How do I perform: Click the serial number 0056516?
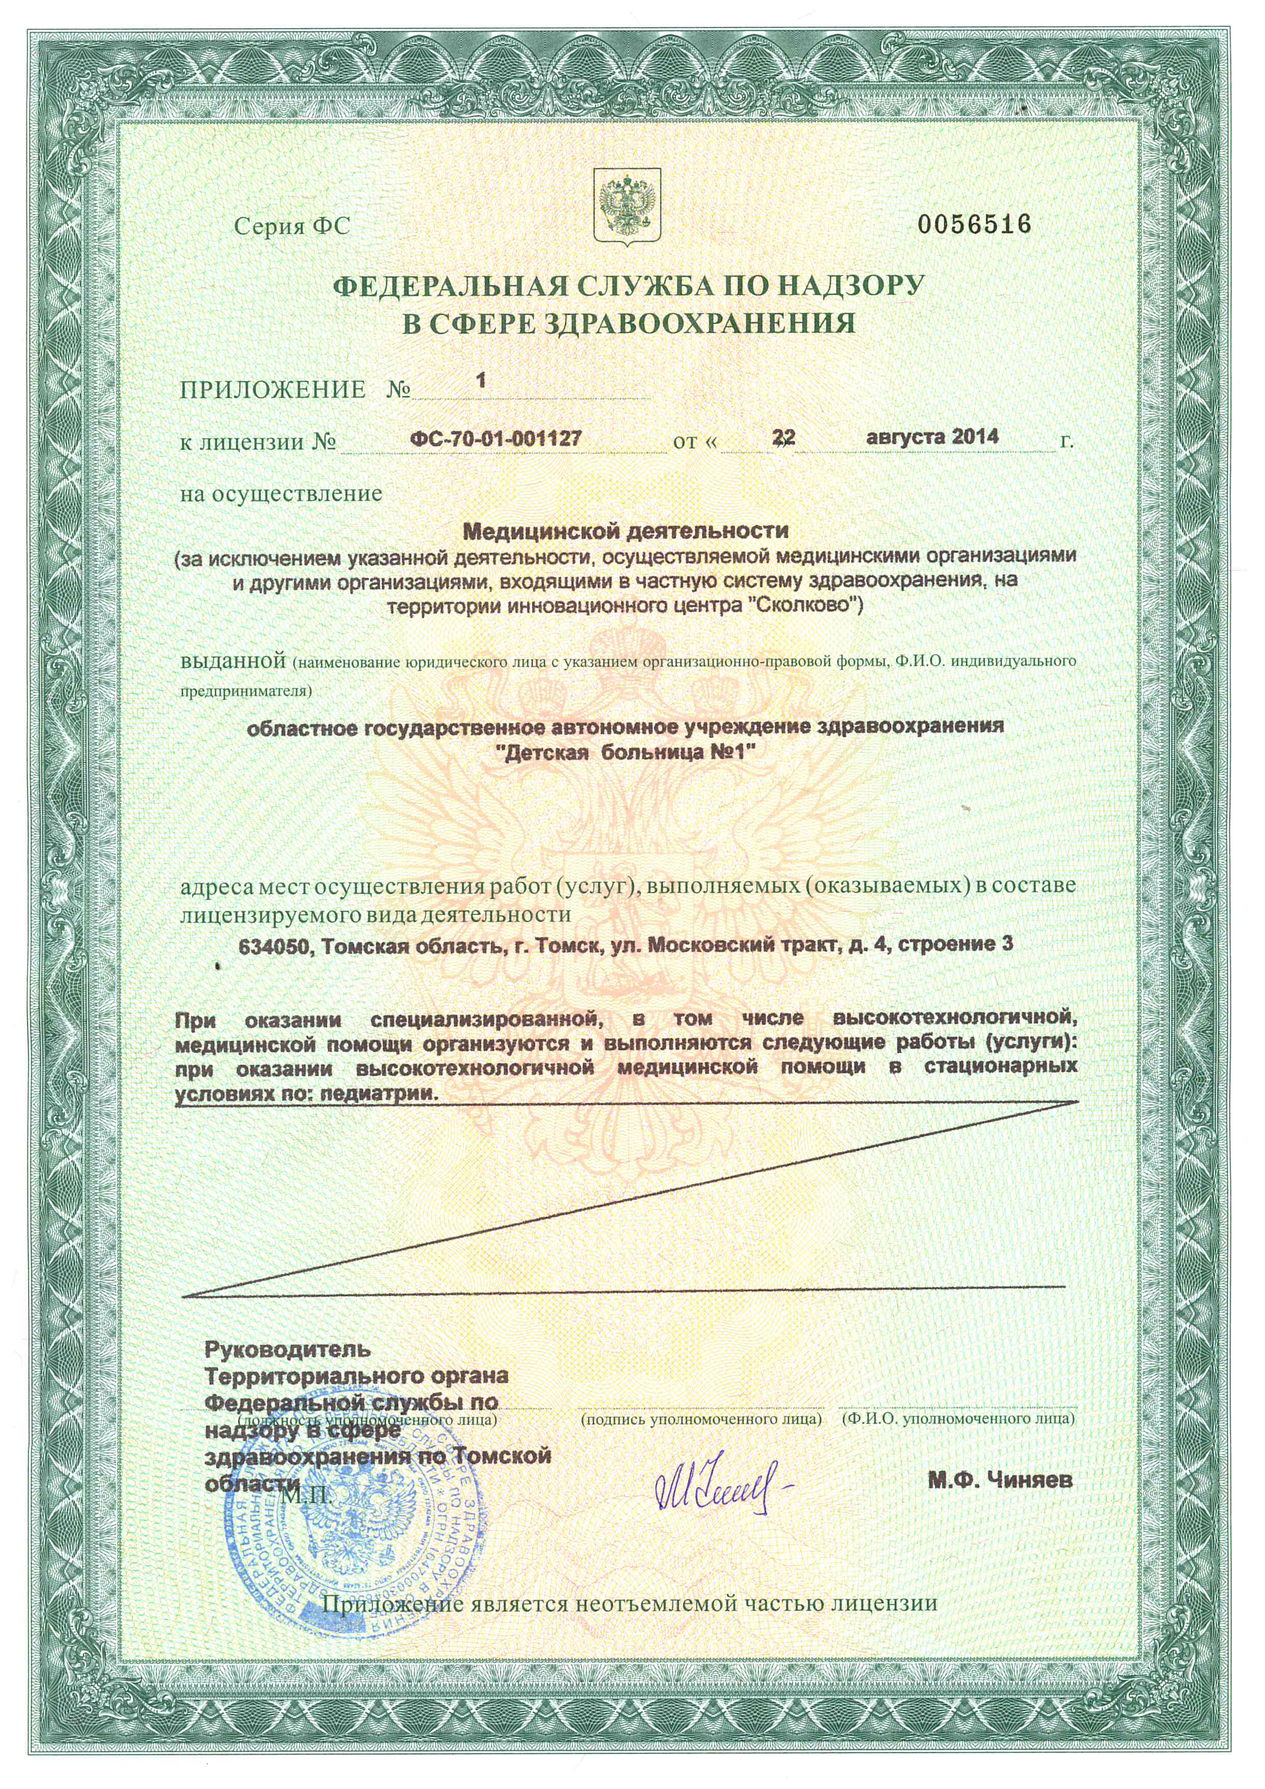(974, 225)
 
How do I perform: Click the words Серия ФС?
(293, 226)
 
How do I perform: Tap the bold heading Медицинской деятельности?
(626, 532)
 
